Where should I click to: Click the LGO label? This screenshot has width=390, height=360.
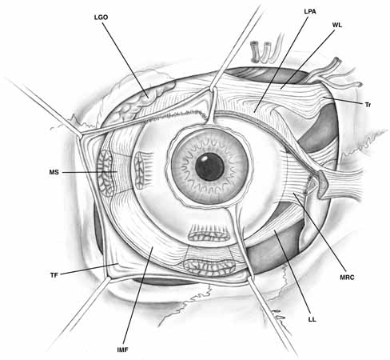101,18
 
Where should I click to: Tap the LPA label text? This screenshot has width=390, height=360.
310,11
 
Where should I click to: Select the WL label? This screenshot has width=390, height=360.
337,26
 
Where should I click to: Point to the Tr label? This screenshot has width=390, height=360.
368,105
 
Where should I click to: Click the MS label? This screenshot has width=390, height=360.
54,172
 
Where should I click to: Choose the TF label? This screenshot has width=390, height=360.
54,275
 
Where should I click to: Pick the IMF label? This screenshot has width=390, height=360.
122,350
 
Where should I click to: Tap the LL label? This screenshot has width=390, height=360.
312,319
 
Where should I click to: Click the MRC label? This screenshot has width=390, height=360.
347,278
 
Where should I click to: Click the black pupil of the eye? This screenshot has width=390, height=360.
209,167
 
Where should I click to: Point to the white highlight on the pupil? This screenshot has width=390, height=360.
205,159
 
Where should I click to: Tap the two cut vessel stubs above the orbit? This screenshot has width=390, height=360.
261,51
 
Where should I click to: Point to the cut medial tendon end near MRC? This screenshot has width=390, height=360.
321,185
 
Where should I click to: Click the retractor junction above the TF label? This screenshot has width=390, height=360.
80,134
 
